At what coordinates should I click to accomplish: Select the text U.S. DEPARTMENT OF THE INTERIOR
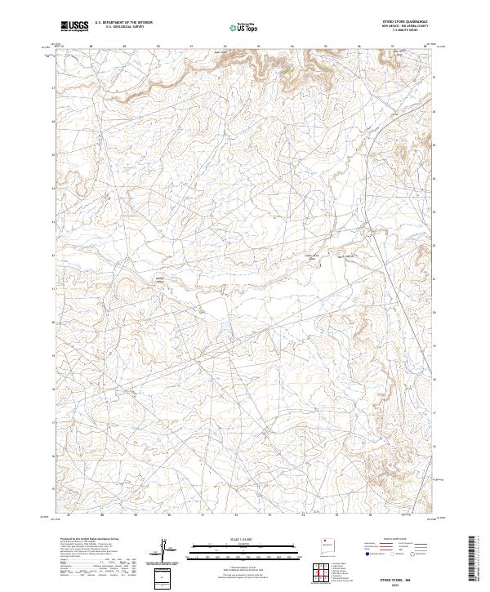pos(123,24)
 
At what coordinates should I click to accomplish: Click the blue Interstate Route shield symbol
pos(367,554)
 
